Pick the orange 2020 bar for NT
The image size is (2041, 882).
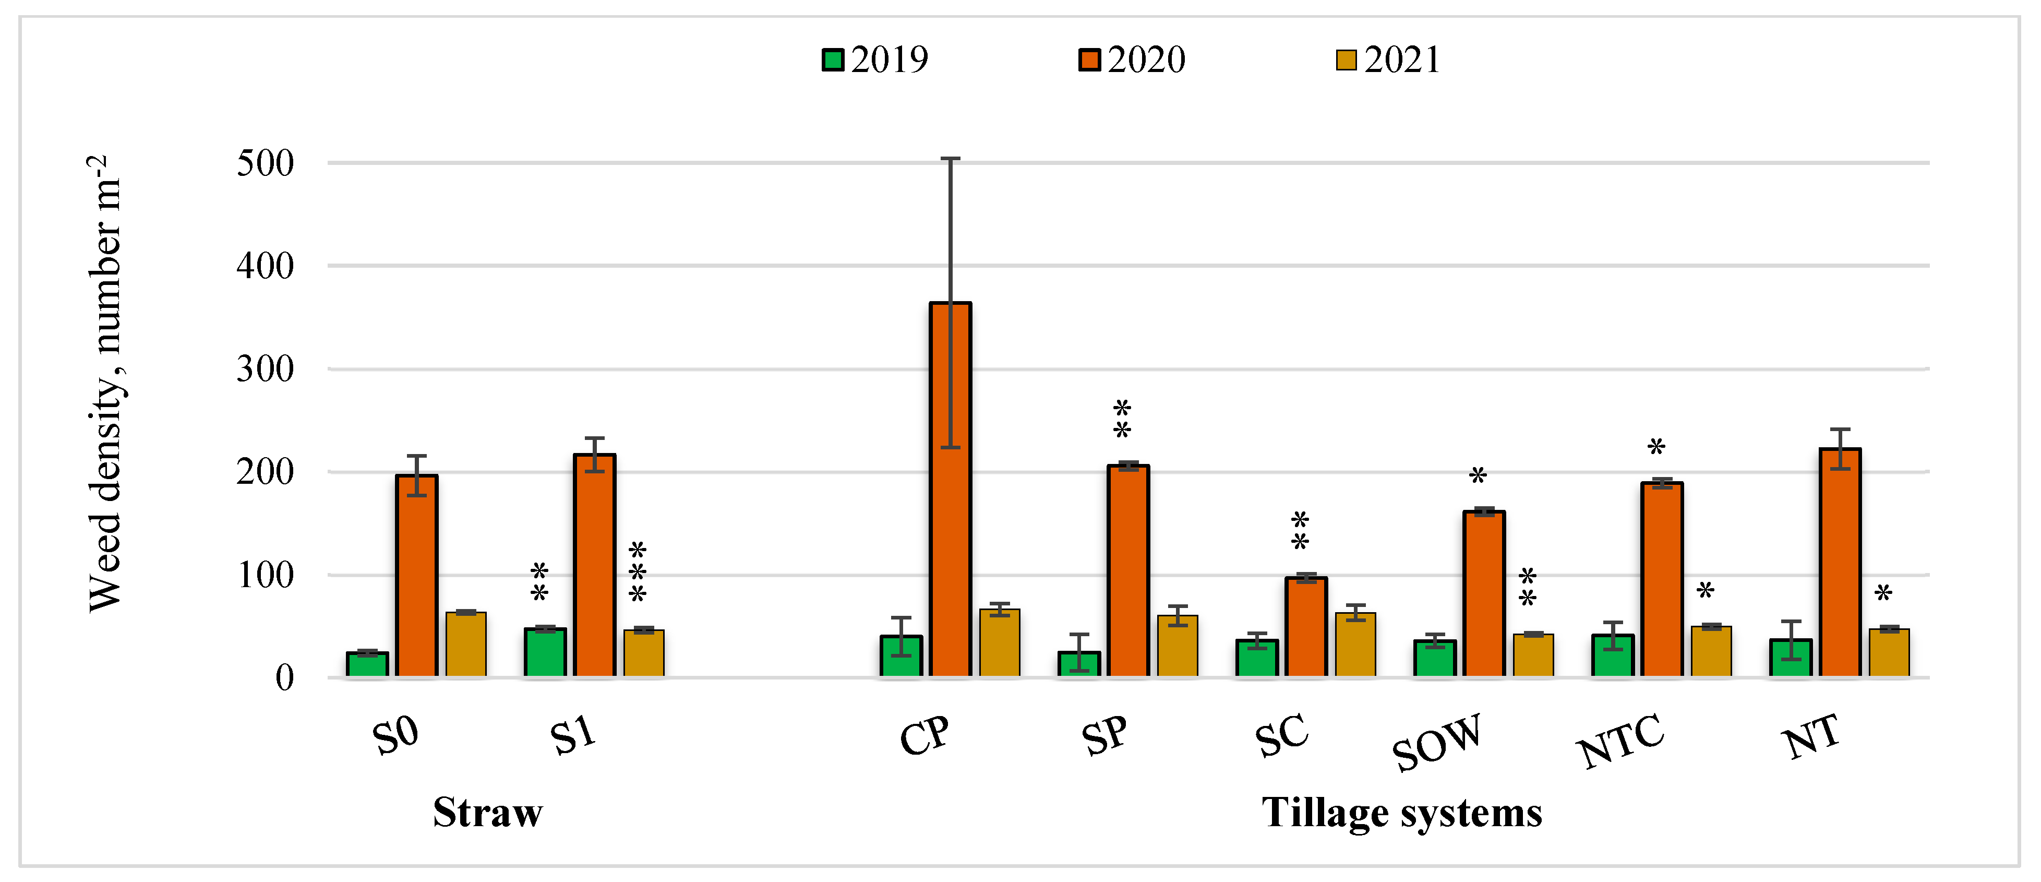pos(1840,562)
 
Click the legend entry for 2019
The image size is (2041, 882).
pos(875,59)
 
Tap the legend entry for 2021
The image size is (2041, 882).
pos(1388,59)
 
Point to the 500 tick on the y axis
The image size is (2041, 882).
pos(266,163)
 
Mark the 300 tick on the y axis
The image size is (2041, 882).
pos(266,370)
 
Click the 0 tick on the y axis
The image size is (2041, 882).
pos(284,678)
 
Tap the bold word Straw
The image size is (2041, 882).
pos(487,812)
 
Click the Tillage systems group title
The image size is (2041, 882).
pos(1401,812)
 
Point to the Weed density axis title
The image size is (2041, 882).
pos(105,384)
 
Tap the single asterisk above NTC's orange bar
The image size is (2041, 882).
pos(1656,448)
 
